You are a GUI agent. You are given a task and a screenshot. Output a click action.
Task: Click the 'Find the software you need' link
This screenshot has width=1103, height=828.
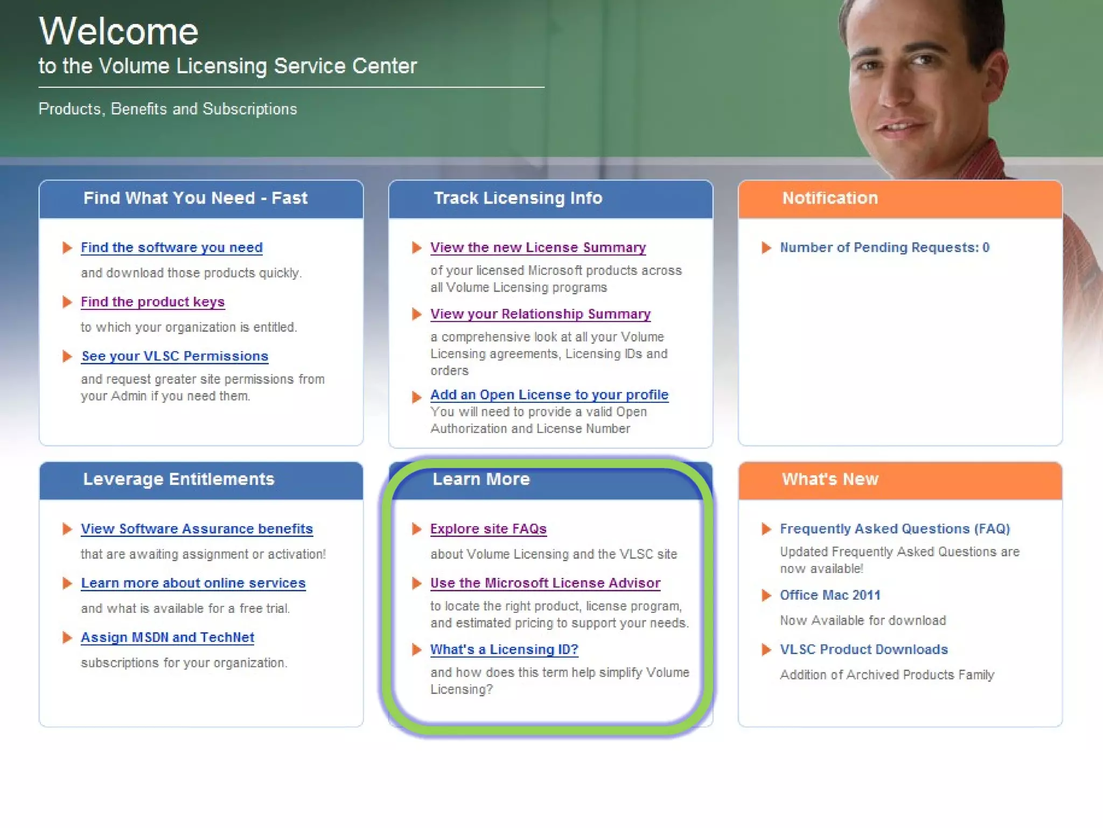171,247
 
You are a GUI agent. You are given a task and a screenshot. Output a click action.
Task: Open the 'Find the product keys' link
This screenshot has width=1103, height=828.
152,302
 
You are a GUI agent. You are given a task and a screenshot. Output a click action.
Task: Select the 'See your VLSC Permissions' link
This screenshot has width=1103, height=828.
174,356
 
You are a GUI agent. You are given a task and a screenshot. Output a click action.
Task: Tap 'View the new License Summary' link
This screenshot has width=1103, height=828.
537,247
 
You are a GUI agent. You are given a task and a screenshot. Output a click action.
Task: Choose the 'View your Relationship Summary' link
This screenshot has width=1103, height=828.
540,314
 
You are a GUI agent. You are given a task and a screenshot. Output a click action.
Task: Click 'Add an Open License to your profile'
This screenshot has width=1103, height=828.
549,395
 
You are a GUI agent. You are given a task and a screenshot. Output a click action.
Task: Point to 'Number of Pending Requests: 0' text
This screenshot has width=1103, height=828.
884,247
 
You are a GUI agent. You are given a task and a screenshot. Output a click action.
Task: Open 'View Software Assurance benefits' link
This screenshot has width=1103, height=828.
197,529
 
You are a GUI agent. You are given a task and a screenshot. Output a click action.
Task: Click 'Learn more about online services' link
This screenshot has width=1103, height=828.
193,583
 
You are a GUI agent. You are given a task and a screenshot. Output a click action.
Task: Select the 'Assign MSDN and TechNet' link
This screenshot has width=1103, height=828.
167,637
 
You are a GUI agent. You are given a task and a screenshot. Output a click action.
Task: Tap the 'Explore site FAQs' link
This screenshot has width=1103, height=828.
488,529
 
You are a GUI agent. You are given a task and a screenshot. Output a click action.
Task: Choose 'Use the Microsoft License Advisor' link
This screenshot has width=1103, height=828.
545,583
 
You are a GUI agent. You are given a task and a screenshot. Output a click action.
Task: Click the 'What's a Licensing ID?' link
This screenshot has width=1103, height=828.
504,650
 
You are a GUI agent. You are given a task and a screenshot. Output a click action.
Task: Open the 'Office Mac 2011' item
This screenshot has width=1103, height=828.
830,595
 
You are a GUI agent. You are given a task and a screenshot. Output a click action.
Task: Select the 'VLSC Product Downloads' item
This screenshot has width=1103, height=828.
863,650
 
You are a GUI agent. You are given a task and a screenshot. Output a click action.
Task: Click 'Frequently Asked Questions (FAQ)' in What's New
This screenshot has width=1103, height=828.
895,529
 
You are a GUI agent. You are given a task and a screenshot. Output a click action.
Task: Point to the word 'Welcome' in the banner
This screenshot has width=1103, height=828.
118,31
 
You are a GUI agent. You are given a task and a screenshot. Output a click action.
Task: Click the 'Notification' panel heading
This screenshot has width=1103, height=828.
830,198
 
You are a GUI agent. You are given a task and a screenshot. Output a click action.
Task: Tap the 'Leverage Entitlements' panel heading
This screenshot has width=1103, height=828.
178,479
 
